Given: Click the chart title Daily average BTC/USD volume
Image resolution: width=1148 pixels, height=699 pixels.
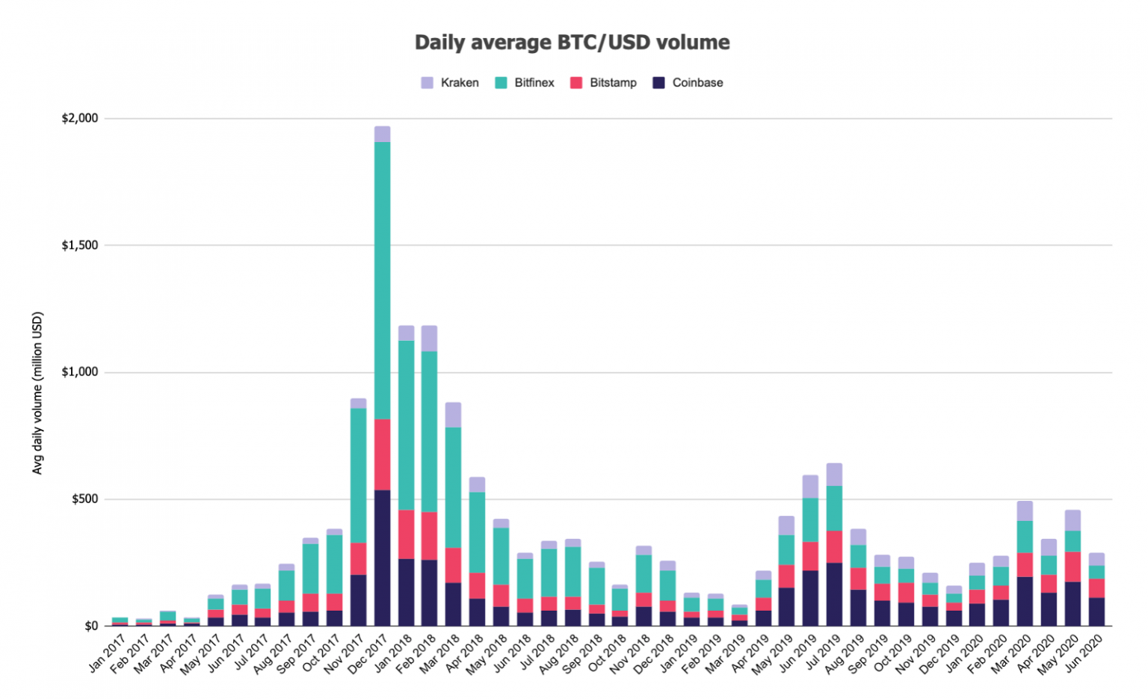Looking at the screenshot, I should point(572,43).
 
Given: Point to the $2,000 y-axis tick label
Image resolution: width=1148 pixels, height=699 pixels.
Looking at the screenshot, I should point(80,118).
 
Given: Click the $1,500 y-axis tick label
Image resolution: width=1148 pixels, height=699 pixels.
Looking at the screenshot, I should point(80,245).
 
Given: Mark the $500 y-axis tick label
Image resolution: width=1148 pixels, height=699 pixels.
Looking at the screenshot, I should point(84,499).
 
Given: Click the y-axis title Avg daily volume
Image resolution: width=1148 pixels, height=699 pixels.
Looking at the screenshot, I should point(37,392).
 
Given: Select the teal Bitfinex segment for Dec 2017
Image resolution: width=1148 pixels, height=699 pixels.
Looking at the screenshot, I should point(382,280).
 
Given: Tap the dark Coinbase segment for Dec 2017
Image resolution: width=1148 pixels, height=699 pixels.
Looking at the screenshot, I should point(382,558).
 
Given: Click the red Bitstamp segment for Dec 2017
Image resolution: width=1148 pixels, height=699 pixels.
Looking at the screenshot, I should point(382,455).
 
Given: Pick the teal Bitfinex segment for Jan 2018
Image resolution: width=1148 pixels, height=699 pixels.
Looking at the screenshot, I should point(406,425).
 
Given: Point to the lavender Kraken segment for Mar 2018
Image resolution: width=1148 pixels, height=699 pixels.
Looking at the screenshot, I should point(453,415).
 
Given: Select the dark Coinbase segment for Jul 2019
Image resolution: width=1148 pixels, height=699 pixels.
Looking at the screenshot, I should point(834,594).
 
